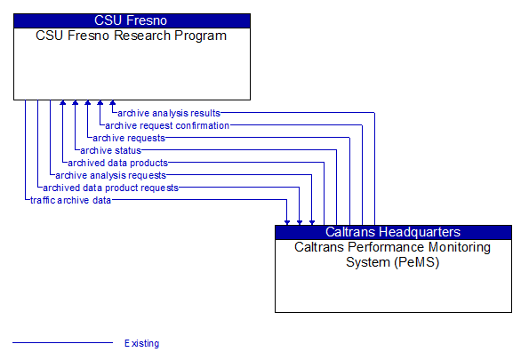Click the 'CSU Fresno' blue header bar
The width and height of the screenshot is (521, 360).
click(x=132, y=20)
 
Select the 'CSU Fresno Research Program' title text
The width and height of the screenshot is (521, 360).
click(x=132, y=36)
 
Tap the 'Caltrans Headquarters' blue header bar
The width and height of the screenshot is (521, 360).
click(x=393, y=232)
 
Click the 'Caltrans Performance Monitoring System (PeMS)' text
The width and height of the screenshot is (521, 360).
click(x=393, y=254)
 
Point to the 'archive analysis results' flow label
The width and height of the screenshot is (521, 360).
click(x=169, y=113)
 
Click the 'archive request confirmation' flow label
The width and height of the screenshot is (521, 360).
click(x=167, y=125)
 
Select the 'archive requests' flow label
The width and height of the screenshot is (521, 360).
click(x=129, y=138)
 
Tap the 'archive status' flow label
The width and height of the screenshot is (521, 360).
click(x=111, y=150)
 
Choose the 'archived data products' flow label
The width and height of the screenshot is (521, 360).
click(x=117, y=163)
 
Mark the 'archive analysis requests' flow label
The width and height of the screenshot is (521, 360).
click(x=110, y=175)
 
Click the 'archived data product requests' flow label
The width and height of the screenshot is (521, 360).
click(x=110, y=188)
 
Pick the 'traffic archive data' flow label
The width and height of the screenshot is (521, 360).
click(x=71, y=200)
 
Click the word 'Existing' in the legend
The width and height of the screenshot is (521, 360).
click(x=142, y=343)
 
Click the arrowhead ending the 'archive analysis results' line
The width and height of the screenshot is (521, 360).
click(x=112, y=104)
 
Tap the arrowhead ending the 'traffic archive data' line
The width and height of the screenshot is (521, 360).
click(x=287, y=220)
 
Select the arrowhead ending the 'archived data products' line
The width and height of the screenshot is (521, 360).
click(x=62, y=104)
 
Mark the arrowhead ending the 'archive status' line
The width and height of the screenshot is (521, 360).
click(x=75, y=104)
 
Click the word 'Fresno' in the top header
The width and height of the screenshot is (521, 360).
click(x=148, y=20)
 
